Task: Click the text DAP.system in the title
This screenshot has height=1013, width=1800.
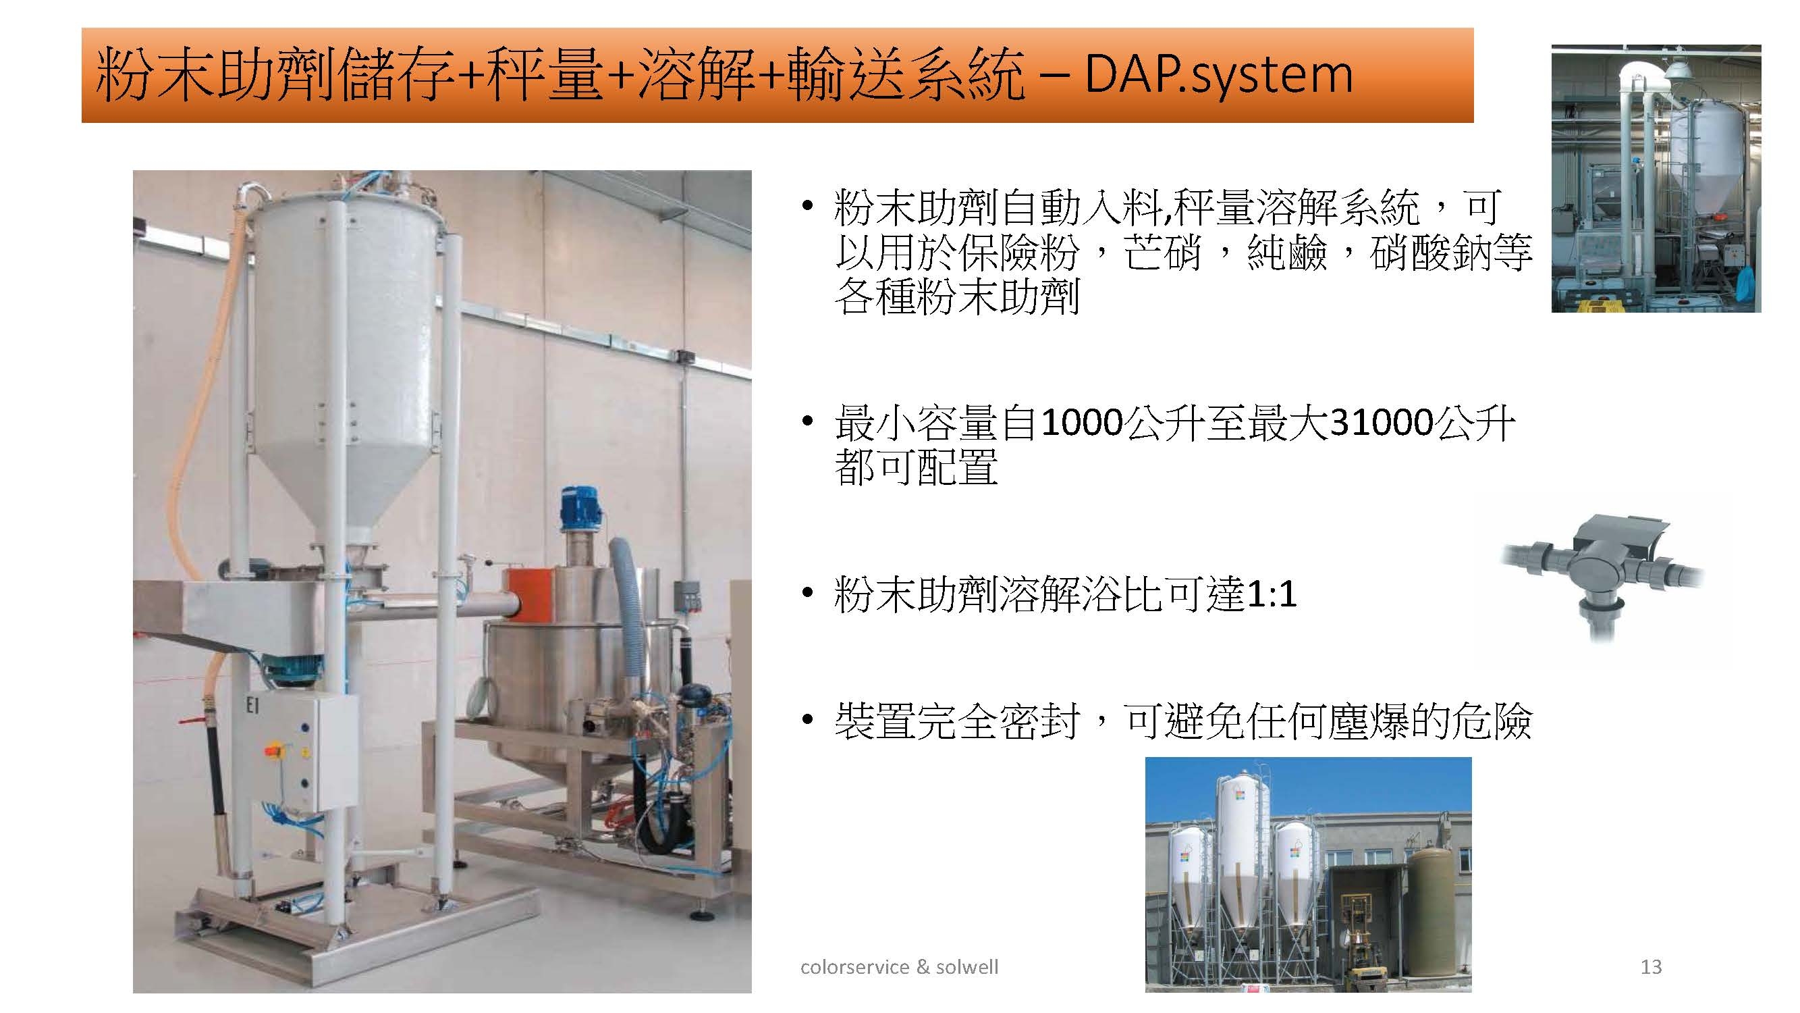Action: [x=1219, y=74]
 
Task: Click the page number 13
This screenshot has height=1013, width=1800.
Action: [x=1651, y=967]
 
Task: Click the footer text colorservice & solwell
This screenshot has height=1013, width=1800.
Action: [x=899, y=967]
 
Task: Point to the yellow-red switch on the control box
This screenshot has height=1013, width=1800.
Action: [x=273, y=750]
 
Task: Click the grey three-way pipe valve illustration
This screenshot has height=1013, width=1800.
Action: [x=1602, y=571]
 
